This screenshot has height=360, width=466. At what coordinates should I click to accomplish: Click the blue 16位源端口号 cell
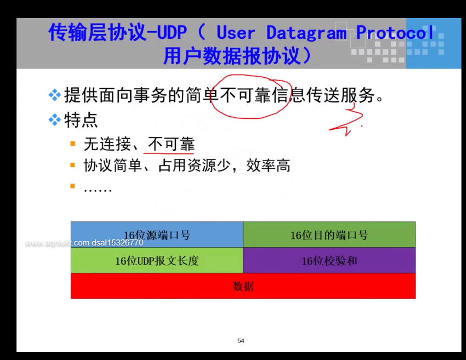(157, 235)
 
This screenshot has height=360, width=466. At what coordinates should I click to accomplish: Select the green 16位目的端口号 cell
(329, 235)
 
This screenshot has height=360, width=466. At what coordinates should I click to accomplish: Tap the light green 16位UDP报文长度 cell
(157, 260)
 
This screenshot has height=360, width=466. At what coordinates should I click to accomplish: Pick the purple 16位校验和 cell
(329, 260)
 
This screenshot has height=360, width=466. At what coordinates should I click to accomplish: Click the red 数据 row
(243, 286)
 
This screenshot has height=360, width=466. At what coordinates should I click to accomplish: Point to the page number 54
(241, 341)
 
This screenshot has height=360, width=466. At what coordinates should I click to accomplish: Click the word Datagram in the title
(306, 33)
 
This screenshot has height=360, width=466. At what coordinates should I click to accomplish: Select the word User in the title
(236, 33)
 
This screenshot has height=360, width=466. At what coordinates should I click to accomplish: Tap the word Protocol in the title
(395, 32)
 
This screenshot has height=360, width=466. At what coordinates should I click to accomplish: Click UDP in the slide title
(172, 32)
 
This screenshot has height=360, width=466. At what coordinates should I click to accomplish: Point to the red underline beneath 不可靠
(168, 153)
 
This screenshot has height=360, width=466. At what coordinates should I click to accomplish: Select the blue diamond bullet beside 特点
(55, 120)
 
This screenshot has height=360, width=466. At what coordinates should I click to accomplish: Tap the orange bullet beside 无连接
(72, 144)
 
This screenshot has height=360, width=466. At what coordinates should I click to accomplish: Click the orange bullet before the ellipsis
(72, 186)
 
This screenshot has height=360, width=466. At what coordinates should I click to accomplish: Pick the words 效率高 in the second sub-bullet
(268, 165)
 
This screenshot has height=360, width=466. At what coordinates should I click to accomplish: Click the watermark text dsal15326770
(117, 243)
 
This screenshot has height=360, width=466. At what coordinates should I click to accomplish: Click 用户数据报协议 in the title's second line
(232, 55)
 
